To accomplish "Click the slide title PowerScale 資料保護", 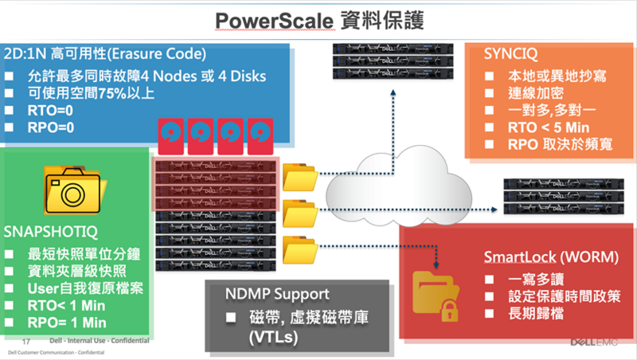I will [x=318, y=19].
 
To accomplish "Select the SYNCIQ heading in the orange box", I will [x=510, y=54].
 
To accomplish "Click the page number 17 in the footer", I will [x=25, y=342].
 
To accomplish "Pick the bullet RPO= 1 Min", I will [x=67, y=322].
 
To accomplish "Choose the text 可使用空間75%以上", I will [x=87, y=93].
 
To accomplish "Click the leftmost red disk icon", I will [x=173, y=135].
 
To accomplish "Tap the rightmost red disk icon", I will [x=259, y=135].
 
